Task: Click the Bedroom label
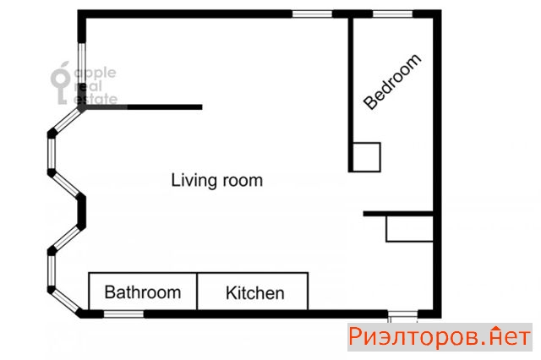pos(392,82)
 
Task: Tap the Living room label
pos(217,180)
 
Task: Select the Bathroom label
pos(143,292)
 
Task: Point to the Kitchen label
pos(255,293)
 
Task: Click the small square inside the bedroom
pos(366,157)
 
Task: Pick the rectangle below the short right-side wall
pos(409,229)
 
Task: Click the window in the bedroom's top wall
pos(392,14)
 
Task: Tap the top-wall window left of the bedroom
pos(312,14)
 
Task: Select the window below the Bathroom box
pos(123,314)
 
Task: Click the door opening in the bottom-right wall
pos(402,314)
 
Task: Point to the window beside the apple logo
pos(82,63)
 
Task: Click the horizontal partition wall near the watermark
pos(143,107)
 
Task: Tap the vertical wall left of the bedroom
pos(351,94)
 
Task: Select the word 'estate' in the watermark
pos(96,99)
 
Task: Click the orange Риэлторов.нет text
pos(440,336)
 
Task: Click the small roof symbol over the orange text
pos(496,329)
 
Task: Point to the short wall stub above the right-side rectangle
pos(398,214)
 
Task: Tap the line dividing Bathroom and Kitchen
pos(197,292)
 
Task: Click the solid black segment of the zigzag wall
pos(81,211)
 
